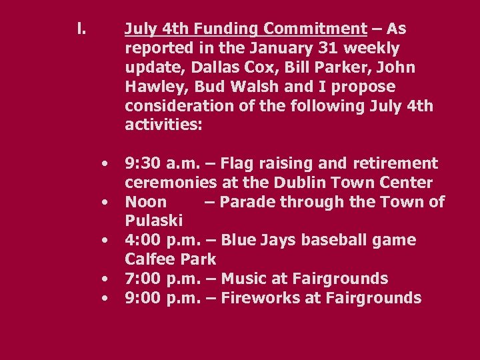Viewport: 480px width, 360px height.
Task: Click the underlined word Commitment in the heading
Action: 315,29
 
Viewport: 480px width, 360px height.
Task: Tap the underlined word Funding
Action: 225,29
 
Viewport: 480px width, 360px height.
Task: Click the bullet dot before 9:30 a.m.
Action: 105,164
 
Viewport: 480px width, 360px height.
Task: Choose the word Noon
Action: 146,202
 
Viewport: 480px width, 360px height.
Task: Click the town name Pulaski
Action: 153,221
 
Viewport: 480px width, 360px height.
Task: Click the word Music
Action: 244,279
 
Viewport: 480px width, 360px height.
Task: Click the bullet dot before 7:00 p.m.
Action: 105,279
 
